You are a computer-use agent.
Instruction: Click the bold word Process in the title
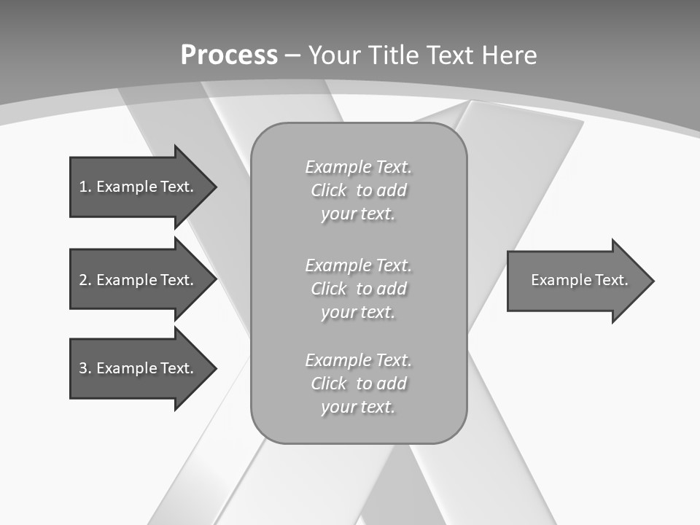tap(229, 55)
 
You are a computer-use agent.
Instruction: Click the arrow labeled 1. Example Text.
tap(139, 187)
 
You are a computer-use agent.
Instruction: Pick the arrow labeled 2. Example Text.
tap(139, 280)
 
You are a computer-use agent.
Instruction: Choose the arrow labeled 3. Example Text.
tap(139, 368)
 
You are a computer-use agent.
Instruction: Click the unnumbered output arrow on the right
tap(576, 281)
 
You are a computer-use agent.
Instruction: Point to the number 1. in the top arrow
tap(85, 187)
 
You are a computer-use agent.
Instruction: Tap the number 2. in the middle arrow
tap(85, 280)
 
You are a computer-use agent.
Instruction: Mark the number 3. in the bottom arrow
tap(85, 368)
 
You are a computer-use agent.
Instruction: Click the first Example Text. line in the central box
tap(358, 168)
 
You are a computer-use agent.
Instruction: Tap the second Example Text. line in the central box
tap(358, 265)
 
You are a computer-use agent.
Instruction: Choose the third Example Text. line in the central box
tap(358, 360)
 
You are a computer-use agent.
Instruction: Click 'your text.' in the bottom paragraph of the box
tap(358, 407)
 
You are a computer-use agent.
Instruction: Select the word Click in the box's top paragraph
tap(329, 191)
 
